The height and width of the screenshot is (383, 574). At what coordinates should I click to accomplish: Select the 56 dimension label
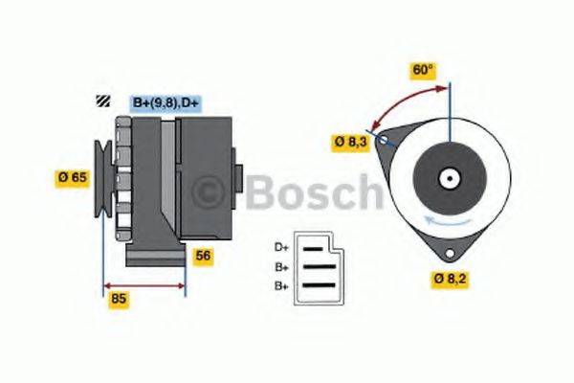tap(203, 255)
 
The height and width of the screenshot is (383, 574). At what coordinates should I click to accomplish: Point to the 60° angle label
tap(423, 70)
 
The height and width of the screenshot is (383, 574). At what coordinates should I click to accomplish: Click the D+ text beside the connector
tap(282, 246)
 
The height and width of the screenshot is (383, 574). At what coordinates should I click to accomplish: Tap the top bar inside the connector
tap(315, 247)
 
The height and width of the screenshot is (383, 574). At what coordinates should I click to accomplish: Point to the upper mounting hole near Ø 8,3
tap(384, 140)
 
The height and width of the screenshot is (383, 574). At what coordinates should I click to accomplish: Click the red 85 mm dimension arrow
tap(143, 285)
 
